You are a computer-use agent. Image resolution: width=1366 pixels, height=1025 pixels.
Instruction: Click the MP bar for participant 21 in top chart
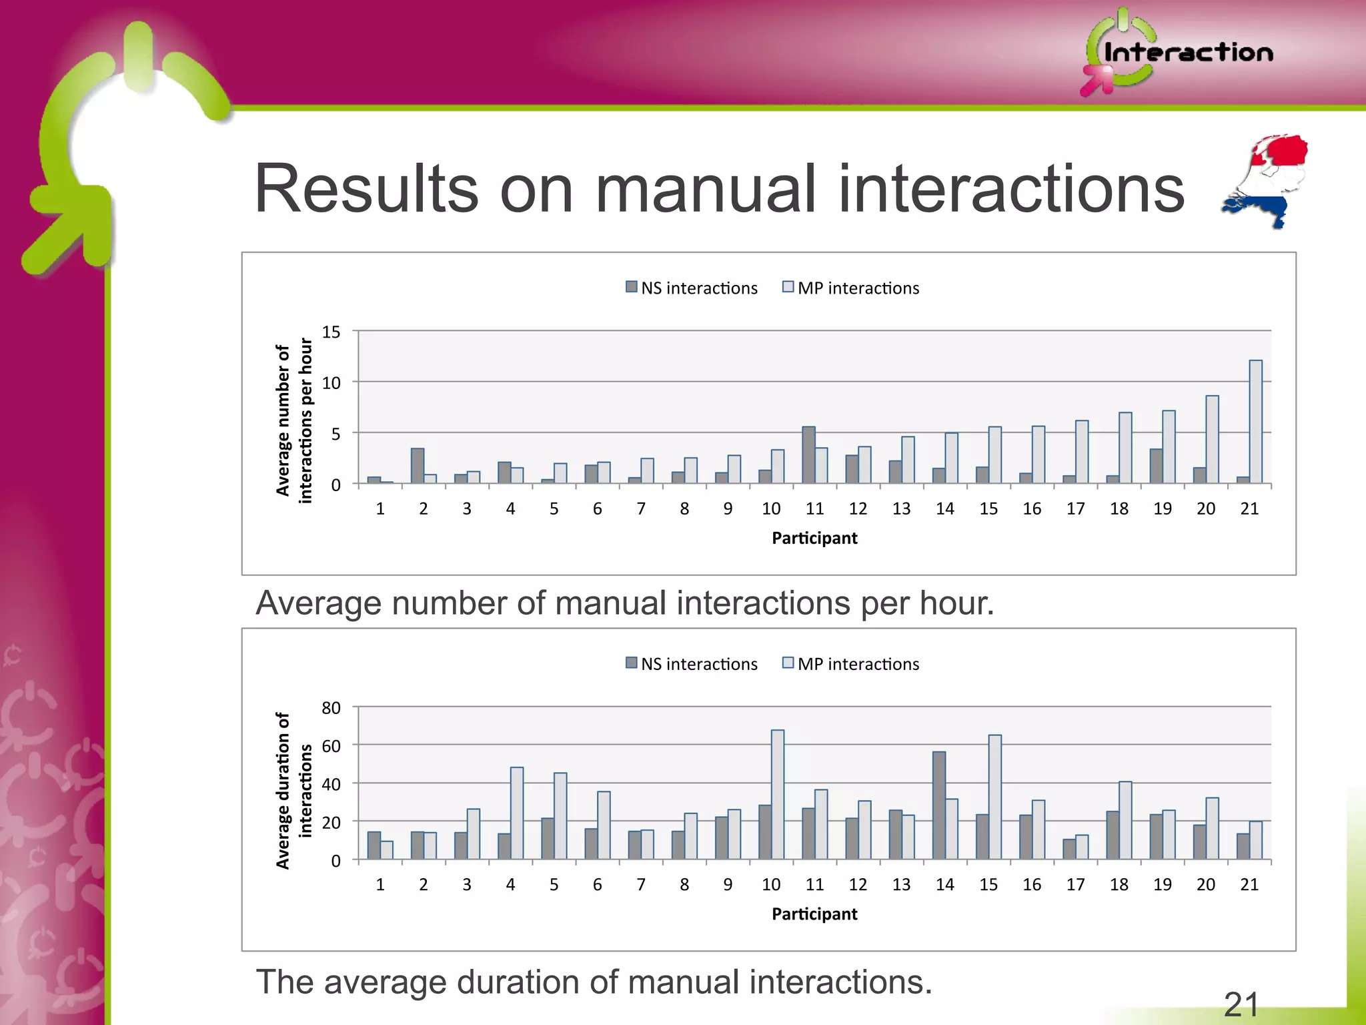1255,422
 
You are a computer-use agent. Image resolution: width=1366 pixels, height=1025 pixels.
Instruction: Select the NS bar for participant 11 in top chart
808,454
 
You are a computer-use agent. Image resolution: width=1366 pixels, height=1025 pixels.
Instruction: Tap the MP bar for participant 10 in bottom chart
778,794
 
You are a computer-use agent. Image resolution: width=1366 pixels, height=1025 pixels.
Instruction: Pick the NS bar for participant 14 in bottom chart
939,805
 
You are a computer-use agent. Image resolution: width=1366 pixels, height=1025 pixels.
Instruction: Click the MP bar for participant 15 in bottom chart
994,797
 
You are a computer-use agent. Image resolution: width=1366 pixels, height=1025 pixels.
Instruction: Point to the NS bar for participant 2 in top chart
418,466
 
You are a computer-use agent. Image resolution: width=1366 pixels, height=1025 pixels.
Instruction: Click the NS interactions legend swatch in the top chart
632,287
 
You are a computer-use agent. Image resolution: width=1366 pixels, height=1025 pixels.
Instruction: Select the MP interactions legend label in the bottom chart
858,664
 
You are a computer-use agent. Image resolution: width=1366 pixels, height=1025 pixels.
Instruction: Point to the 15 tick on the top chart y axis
331,332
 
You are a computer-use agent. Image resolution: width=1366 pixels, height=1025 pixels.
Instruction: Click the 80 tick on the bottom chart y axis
331,707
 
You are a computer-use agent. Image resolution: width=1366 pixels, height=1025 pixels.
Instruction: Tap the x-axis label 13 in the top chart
901,508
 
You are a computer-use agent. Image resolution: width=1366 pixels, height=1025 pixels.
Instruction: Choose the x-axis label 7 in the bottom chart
641,884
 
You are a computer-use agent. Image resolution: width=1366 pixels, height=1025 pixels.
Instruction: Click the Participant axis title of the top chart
814,538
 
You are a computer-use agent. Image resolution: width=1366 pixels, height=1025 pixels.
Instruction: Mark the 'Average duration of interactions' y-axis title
293,790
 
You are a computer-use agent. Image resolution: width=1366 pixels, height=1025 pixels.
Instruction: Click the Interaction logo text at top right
1188,52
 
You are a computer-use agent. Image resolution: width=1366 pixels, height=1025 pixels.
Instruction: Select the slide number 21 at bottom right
1241,1004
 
